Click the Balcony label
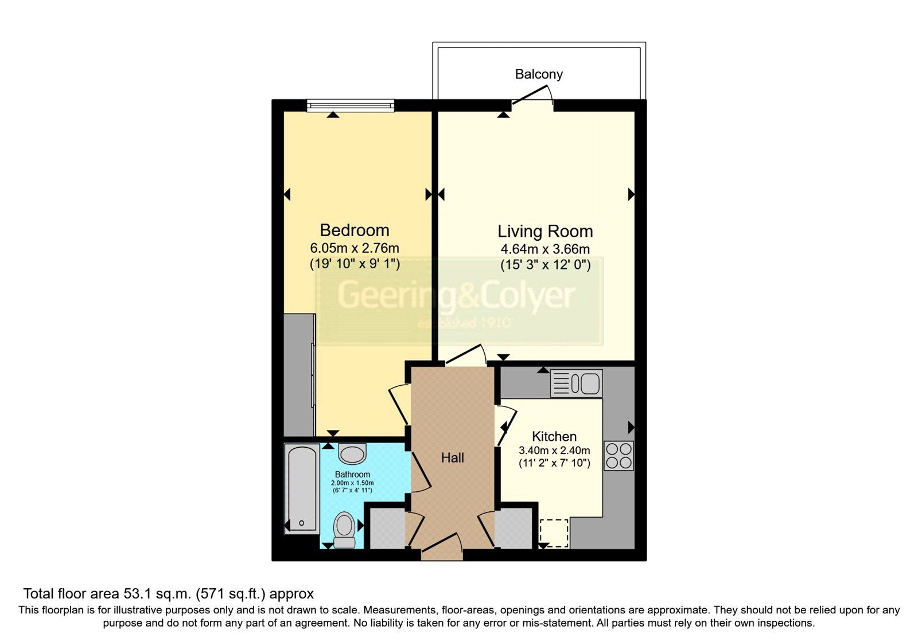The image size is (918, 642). point(538,74)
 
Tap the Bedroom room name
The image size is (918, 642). point(354,230)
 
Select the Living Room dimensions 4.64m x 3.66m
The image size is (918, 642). point(544,249)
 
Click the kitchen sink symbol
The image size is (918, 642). point(576,383)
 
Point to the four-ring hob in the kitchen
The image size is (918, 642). point(619,456)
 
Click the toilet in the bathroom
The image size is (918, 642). point(344,529)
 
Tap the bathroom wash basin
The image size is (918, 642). point(352,453)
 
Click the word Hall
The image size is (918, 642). point(453,458)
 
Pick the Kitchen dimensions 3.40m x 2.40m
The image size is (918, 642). point(554,451)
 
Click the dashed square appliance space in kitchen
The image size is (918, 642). point(554,533)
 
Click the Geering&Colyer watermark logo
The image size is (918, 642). point(456,304)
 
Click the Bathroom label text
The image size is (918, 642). point(352,475)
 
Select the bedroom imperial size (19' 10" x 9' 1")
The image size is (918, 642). point(354,264)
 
